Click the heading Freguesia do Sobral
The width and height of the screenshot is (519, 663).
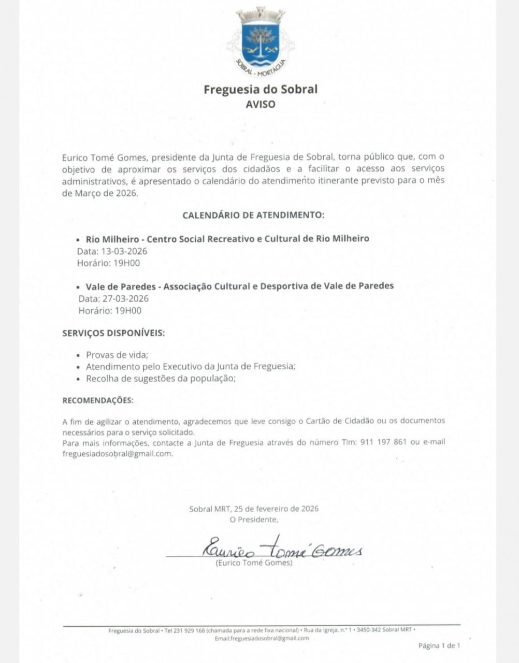(x=261, y=89)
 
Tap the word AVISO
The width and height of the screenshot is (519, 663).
(x=261, y=104)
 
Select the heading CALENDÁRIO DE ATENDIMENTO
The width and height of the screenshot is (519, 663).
(x=253, y=215)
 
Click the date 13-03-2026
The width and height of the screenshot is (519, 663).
(x=124, y=251)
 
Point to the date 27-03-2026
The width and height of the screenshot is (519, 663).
(x=125, y=299)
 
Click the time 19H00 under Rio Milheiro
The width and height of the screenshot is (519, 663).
(x=127, y=263)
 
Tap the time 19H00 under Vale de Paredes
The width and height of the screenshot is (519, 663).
(x=128, y=311)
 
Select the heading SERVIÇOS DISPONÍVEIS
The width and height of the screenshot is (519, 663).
(x=113, y=333)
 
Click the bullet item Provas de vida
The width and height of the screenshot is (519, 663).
(x=117, y=355)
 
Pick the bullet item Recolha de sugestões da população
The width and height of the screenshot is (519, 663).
(x=161, y=378)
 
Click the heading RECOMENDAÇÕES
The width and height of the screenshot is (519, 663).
(x=97, y=400)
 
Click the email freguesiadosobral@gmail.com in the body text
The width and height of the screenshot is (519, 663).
(x=117, y=454)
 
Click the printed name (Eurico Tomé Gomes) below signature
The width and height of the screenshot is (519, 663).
(x=254, y=563)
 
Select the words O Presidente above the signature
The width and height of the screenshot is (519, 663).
(x=254, y=520)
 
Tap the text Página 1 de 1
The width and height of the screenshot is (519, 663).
(x=439, y=645)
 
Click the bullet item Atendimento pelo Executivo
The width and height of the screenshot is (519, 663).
(x=191, y=367)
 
